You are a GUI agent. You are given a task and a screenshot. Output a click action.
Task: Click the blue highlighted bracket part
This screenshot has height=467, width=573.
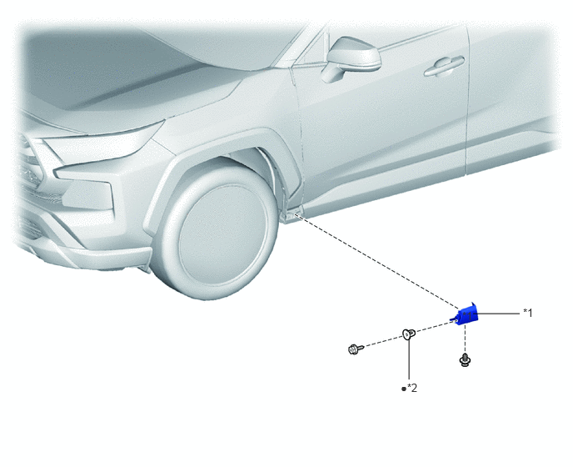(466, 314)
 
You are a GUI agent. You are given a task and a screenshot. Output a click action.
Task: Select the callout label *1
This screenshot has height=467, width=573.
(528, 313)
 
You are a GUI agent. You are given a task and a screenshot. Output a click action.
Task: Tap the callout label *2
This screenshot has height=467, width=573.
(412, 388)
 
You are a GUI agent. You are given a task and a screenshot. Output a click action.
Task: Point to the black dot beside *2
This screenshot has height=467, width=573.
(404, 389)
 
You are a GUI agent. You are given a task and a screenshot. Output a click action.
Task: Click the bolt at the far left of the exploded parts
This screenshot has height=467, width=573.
(356, 349)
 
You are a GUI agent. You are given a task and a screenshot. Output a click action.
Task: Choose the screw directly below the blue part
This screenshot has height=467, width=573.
(465, 360)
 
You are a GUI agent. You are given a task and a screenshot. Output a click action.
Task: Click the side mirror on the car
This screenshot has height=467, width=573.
(351, 58)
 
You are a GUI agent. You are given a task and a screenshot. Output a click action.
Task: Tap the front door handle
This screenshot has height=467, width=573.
(444, 67)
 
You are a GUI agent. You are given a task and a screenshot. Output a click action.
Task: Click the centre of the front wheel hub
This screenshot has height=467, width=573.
(222, 234)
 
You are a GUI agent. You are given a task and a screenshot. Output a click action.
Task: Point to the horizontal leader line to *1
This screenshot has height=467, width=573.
(498, 314)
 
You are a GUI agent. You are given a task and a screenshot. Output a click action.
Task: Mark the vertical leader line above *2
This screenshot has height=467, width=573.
(409, 359)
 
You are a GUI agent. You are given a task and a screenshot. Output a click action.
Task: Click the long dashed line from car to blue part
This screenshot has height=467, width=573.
(376, 260)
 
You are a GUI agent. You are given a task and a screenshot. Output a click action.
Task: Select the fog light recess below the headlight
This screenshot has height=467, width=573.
(87, 194)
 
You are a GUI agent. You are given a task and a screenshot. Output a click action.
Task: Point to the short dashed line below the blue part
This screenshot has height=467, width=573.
(465, 339)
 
